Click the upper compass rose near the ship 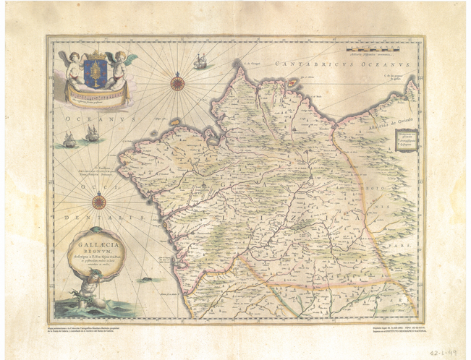coord(177,83)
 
